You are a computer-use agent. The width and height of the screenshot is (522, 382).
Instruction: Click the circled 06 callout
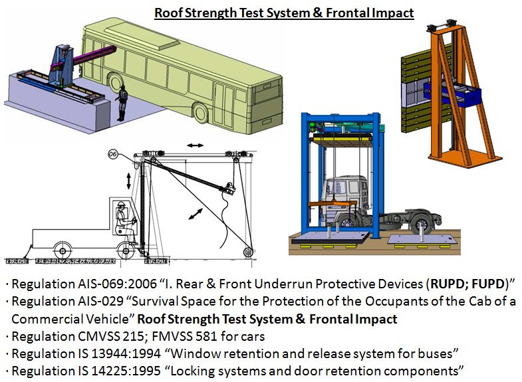pyautogui.click(x=113, y=154)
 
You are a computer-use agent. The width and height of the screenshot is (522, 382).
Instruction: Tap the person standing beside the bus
pyautogui.click(x=122, y=103)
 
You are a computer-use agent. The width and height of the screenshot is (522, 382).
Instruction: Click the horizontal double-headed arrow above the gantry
pyautogui.click(x=195, y=145)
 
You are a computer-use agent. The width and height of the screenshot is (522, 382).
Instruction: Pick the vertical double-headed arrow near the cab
pyautogui.click(x=129, y=181)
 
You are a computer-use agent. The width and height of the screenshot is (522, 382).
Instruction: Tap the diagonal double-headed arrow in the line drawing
pyautogui.click(x=196, y=214)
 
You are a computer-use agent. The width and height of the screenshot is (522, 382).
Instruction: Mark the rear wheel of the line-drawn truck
pyautogui.click(x=63, y=251)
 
